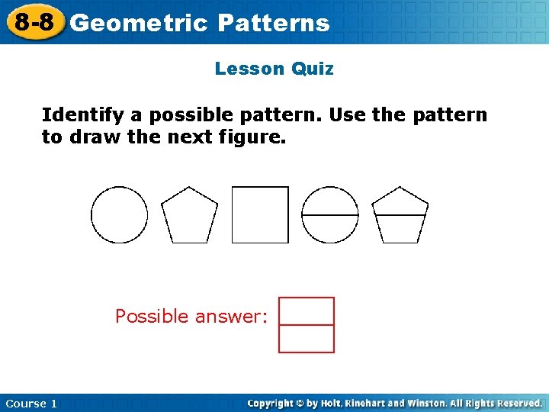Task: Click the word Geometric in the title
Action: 138,23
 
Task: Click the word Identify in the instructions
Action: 83,115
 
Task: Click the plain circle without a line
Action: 120,214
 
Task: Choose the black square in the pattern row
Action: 260,214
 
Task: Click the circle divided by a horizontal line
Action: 330,214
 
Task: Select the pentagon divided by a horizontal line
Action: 400,215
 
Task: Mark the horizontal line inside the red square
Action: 307,325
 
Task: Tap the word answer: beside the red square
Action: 231,316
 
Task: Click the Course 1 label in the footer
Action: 31,404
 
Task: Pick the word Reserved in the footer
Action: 515,403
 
